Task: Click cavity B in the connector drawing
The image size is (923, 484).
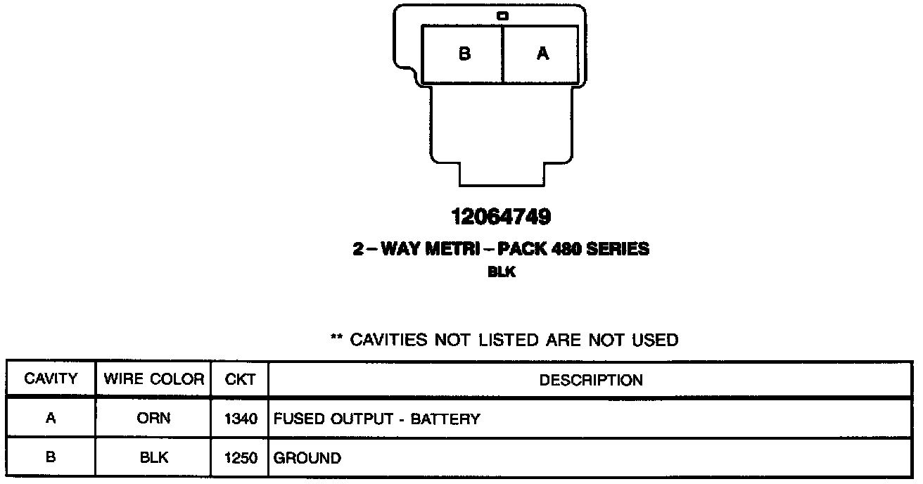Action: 464,54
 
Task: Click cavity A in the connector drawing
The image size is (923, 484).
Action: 542,54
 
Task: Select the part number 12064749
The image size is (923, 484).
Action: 501,217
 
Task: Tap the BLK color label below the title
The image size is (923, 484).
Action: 502,272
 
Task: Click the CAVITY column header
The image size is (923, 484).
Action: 51,379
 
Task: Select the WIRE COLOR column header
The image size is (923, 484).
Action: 153,379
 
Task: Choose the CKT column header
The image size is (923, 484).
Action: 240,380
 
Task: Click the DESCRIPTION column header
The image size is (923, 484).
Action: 591,380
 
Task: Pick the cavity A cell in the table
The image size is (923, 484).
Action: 51,419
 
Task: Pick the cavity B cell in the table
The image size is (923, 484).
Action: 51,458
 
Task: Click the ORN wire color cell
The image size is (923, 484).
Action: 153,419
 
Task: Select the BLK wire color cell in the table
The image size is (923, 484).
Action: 153,458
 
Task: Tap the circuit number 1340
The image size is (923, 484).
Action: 241,419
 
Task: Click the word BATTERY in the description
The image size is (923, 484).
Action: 445,419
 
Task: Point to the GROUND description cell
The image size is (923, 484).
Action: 307,459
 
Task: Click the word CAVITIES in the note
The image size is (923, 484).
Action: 389,340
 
